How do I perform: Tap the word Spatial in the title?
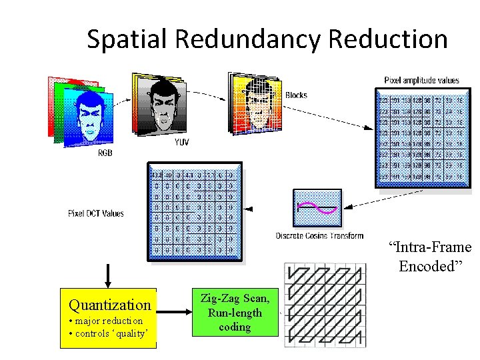coord(127,39)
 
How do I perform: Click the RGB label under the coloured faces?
coord(105,153)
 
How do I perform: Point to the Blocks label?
coord(296,95)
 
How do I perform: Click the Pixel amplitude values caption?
coord(421,81)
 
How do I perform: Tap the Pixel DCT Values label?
coord(96,213)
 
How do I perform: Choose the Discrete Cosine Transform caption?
coord(320,235)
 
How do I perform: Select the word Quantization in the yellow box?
coord(110,305)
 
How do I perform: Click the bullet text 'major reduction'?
coord(105,321)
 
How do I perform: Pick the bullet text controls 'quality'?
coord(108,333)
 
